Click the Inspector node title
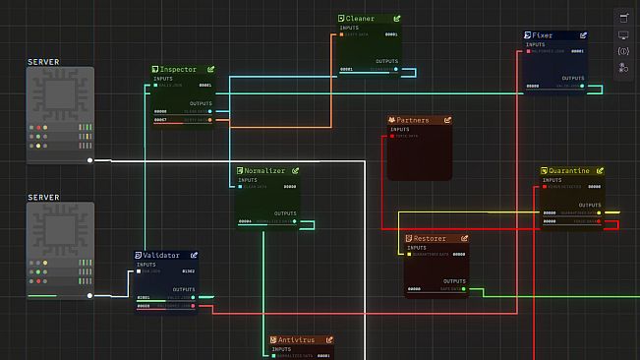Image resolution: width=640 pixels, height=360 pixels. tap(179, 70)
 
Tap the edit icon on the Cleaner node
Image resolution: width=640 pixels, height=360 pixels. tap(397, 19)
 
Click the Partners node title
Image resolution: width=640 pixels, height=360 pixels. tap(413, 121)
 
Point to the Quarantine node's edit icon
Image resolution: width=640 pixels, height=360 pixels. tap(598, 171)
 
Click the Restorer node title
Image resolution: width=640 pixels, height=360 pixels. tap(430, 239)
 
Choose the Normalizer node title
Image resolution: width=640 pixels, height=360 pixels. tap(264, 171)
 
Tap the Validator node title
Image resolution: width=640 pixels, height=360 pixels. tap(161, 256)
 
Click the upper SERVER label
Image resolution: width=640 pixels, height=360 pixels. tap(44, 62)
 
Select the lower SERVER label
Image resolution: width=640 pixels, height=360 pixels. tap(44, 198)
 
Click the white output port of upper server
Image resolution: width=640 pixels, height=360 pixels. tap(90, 159)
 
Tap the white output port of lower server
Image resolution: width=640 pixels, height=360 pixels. tap(90, 294)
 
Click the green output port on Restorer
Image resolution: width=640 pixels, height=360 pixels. tap(465, 289)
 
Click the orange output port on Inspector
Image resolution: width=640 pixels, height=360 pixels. tap(208, 120)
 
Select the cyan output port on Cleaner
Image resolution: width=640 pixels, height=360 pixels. tap(395, 69)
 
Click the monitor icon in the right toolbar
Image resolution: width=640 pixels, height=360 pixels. tap(623, 35)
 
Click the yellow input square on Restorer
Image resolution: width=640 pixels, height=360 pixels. tap(410, 254)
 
